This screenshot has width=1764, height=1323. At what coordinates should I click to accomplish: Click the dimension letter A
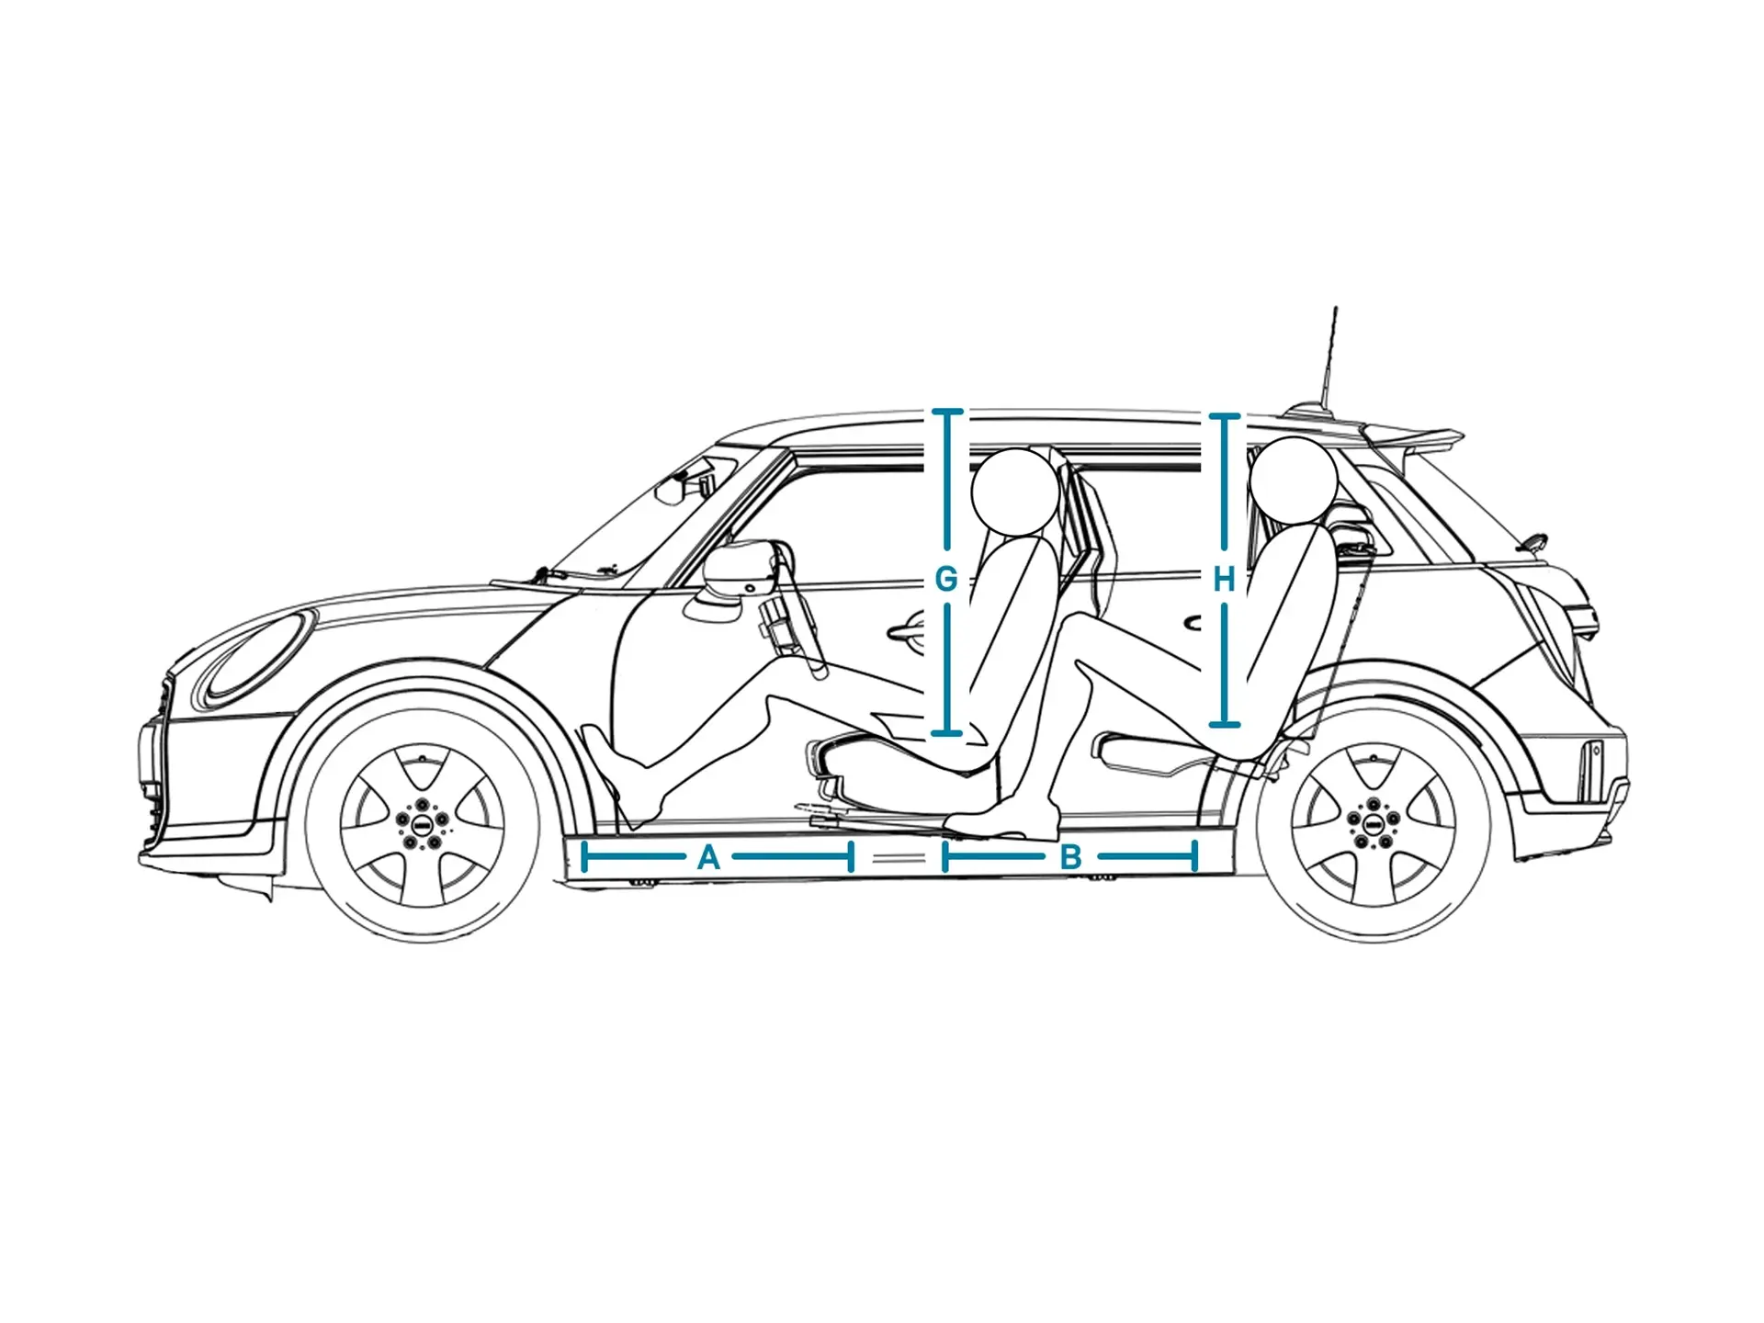click(708, 858)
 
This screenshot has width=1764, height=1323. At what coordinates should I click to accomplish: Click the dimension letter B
click(1070, 858)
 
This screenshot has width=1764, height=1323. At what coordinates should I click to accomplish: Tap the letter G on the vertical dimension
click(945, 580)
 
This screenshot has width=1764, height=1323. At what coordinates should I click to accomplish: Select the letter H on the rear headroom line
click(1224, 580)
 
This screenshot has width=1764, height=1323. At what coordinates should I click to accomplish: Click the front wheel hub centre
click(423, 820)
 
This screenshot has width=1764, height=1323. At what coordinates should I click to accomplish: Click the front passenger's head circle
click(1014, 492)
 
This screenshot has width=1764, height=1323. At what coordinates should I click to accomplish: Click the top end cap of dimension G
click(947, 412)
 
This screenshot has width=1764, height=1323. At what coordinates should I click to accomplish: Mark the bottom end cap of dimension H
click(1224, 724)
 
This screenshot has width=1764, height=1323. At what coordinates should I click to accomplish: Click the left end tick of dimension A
click(584, 858)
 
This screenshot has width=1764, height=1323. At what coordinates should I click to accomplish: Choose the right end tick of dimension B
click(1194, 858)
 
